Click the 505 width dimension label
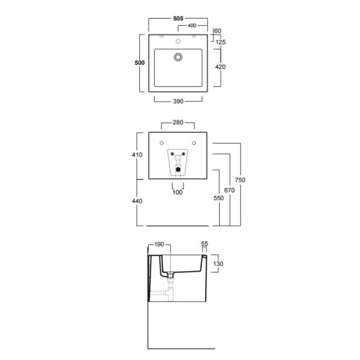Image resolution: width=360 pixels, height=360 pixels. [x=178, y=19]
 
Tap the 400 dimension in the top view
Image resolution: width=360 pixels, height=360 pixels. [x=192, y=25]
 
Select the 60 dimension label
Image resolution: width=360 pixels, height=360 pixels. [x=217, y=31]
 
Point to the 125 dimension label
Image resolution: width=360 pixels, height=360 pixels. [x=221, y=42]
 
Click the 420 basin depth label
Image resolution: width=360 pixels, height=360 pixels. [x=220, y=67]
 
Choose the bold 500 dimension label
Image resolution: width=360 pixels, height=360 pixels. [x=140, y=62]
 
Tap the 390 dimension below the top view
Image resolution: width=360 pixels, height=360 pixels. [x=178, y=101]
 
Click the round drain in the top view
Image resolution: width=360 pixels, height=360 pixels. [x=178, y=57]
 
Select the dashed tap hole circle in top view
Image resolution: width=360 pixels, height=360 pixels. [x=178, y=41]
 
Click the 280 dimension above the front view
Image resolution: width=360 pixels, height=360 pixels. [x=178, y=122]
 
